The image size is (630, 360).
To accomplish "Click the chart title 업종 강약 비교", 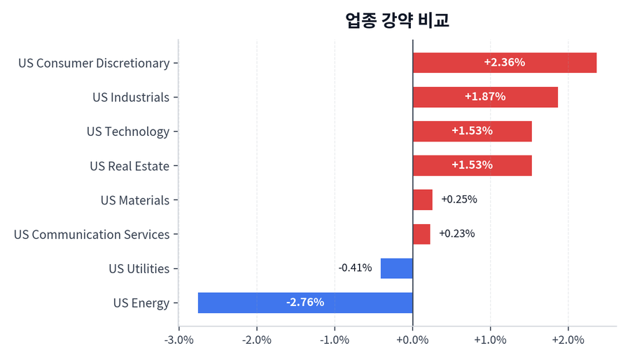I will tap(397, 20).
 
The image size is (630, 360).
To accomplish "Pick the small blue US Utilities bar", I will tap(396, 268).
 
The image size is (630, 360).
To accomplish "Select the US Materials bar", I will tap(422, 200).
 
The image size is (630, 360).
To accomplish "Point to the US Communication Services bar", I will tap(421, 234).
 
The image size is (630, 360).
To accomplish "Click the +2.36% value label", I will tap(504, 62).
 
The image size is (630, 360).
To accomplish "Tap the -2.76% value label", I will tap(305, 303).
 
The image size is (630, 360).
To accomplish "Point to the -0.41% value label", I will tap(355, 268).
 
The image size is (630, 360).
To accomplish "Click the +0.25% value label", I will tap(458, 200).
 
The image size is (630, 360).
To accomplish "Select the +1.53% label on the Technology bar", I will tap(472, 131).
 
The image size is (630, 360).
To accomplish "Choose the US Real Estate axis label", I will tap(129, 166).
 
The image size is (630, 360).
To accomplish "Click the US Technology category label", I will tap(128, 132).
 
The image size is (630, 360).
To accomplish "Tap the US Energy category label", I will tap(141, 303).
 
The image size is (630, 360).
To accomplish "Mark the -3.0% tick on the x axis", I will tap(179, 340).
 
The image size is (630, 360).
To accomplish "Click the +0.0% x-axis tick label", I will tap(412, 340).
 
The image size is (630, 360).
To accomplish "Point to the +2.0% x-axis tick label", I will tap(568, 340).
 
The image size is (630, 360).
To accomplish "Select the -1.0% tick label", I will tap(335, 340).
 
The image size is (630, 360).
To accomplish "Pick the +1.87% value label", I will tap(484, 97).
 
